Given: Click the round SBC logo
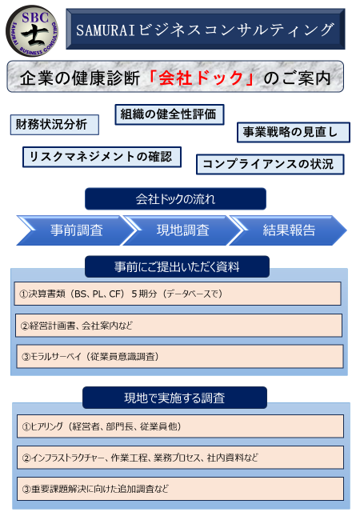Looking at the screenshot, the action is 32,30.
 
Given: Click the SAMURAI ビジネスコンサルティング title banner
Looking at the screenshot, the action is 206,29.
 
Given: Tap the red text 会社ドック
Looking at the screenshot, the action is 202,78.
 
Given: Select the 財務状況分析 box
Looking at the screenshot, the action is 54,125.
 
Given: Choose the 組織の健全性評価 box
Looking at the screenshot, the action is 170,114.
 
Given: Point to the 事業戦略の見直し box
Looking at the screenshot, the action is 294,132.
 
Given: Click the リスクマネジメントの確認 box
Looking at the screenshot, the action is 102,157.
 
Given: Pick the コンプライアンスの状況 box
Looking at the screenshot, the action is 270,164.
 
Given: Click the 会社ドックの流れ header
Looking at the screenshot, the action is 175,199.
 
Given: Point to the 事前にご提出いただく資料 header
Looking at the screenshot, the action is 177,266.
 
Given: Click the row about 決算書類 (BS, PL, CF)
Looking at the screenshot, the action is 178,294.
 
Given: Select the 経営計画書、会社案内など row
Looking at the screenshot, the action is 178,326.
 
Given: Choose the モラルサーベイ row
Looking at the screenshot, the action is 180,357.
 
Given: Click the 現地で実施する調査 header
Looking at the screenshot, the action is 174,398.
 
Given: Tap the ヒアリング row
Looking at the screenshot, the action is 180,426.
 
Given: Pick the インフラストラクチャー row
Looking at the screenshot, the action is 180,458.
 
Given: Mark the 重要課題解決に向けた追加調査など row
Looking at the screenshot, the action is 180,489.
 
